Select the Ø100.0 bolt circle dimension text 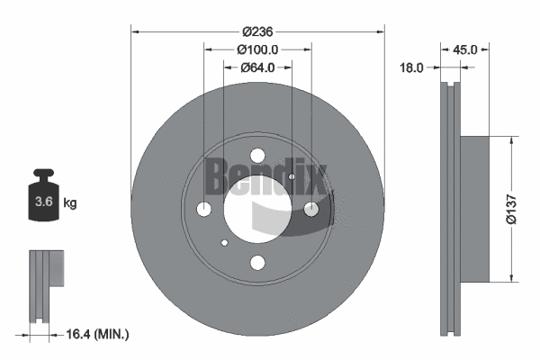click(257, 49)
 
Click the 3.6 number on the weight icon click(41, 203)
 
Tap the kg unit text click(70, 203)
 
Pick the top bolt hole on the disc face click(257, 155)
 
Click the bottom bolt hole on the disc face click(257, 263)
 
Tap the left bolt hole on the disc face click(204, 209)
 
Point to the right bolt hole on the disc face click(311, 209)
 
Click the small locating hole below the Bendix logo click(291, 177)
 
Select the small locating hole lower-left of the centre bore click(224, 241)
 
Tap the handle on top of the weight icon click(41, 175)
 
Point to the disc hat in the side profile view click(475, 209)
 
